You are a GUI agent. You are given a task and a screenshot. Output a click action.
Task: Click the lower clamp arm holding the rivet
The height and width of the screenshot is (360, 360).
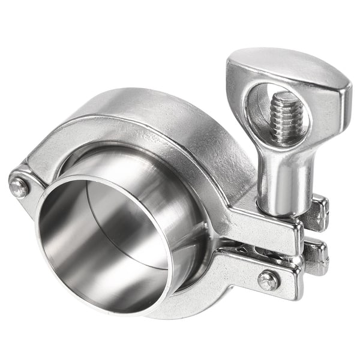pos(240,273)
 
